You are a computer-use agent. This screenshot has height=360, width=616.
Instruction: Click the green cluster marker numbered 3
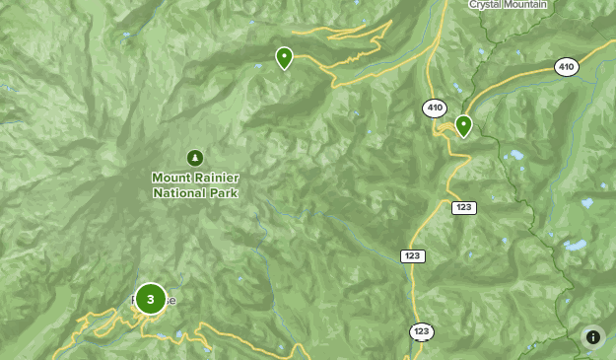coord(150,298)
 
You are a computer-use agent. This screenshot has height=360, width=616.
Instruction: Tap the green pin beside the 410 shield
coord(462,125)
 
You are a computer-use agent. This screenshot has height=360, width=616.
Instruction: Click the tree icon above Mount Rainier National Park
coord(195,157)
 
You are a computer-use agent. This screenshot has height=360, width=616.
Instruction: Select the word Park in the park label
coord(224,193)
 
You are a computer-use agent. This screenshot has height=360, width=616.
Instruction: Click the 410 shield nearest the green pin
coord(434,107)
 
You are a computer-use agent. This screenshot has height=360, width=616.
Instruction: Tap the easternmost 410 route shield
coord(566,67)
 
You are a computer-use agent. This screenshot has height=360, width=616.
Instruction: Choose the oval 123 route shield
coord(422,331)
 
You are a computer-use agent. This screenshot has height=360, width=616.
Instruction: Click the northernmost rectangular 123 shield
coord(464,207)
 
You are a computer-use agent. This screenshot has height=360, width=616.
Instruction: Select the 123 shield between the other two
coord(413,255)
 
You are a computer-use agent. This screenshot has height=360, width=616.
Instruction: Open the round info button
coord(592,336)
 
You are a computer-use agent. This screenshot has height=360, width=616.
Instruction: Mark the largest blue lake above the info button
coord(574,245)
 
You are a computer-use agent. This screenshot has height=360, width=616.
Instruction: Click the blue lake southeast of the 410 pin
coord(514,155)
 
